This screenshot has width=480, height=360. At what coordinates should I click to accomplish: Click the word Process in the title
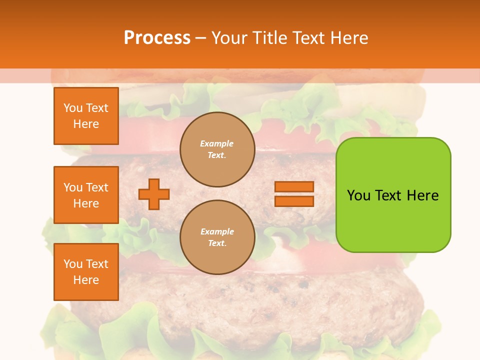(x=157, y=38)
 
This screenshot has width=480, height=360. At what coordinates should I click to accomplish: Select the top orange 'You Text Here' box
(x=86, y=116)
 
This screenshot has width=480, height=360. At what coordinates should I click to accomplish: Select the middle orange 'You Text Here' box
(x=86, y=195)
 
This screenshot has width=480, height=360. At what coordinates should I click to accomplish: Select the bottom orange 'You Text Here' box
(x=86, y=272)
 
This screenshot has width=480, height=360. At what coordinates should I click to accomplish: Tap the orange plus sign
(x=154, y=194)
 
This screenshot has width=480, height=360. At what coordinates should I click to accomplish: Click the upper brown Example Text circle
(x=217, y=149)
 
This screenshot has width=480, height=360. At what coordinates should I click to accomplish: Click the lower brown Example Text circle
(x=217, y=237)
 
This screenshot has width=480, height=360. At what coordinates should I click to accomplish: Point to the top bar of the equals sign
(x=294, y=187)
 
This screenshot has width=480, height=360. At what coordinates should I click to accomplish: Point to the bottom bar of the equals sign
(x=294, y=201)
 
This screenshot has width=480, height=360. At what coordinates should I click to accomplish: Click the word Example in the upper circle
(x=217, y=144)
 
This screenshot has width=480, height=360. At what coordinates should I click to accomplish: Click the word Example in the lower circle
(x=217, y=232)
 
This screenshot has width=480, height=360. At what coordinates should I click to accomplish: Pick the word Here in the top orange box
(x=86, y=124)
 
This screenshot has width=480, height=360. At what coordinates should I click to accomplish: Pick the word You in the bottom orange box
(x=73, y=264)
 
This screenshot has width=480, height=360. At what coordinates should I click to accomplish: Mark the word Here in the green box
(x=422, y=195)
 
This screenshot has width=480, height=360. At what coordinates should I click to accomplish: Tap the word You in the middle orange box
(x=73, y=187)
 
